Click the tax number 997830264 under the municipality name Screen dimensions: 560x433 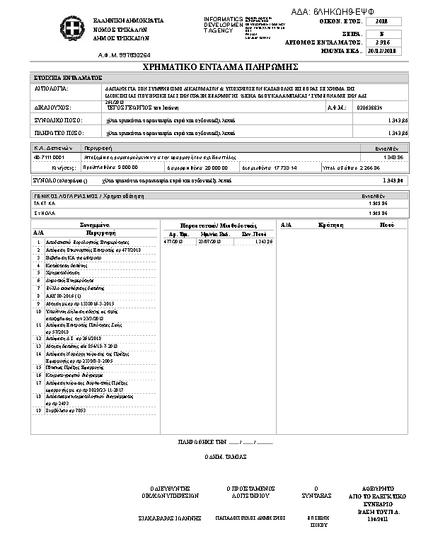coord(125,54)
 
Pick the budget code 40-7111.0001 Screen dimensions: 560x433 coord(48,156)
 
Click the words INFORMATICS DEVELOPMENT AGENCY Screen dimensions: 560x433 coord(222,24)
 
